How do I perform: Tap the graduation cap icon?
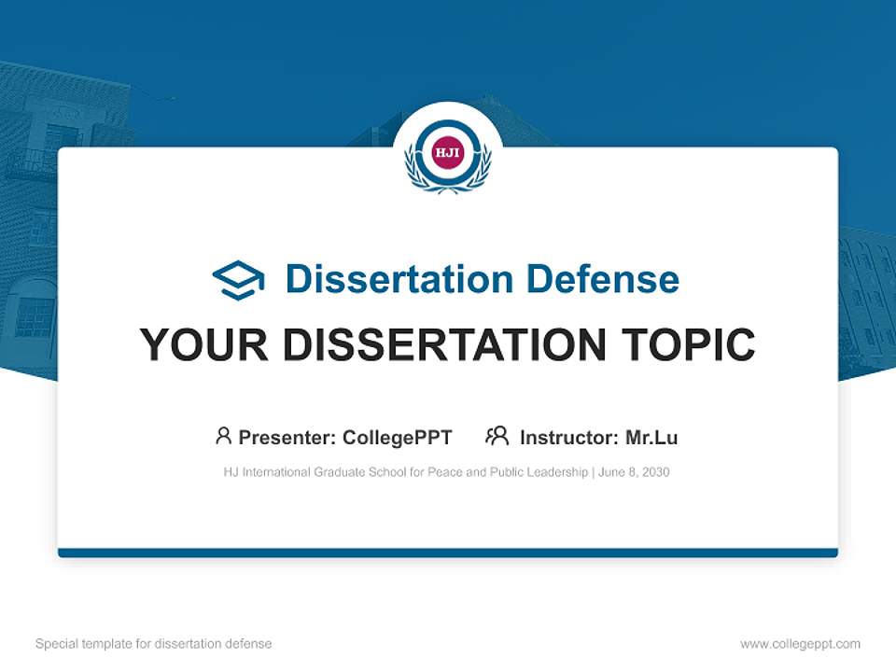pos(238,280)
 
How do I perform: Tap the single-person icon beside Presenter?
pos(223,436)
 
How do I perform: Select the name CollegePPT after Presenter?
pos(398,437)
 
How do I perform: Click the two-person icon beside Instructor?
pos(497,436)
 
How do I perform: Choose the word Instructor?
pos(568,437)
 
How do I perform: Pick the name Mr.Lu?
pos(651,437)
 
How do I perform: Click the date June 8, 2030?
pos(634,472)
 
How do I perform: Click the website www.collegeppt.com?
pos(800,644)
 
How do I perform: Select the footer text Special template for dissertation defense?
pos(153,644)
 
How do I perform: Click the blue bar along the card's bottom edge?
pos(448,553)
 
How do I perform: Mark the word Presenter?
pos(287,437)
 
